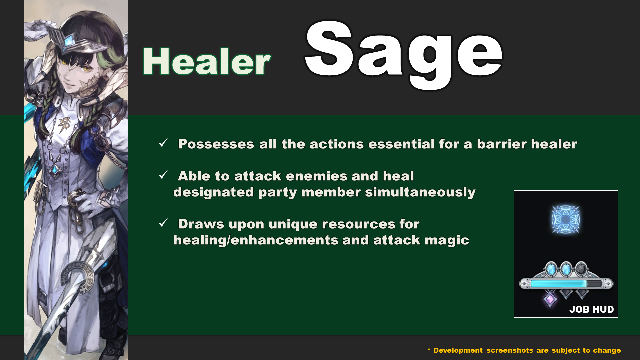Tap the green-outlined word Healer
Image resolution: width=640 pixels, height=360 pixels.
tap(207, 62)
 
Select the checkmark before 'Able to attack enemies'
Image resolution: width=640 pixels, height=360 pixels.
tap(164, 175)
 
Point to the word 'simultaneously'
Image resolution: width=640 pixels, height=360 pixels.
tap(420, 192)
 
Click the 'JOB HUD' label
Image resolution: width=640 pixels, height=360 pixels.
tap(591, 309)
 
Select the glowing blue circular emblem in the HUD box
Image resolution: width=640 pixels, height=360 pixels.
tap(566, 219)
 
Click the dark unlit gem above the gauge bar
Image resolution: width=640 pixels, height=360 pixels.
tap(581, 269)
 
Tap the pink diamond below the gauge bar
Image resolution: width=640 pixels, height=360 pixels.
tap(550, 299)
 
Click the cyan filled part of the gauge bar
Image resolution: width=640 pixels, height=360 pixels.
tap(558, 284)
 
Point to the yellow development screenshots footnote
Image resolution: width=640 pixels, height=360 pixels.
tap(524, 350)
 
